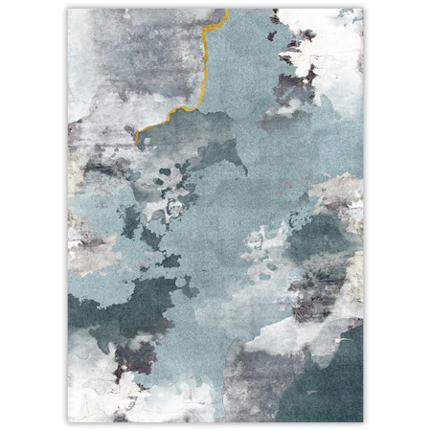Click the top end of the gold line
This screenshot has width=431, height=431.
pos(226,11)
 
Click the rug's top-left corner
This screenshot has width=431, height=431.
pos(68,10)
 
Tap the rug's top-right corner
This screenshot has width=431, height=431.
pos(364,10)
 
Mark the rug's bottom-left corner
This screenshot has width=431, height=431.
pos(68,421)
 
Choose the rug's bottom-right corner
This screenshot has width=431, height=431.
pos(364,421)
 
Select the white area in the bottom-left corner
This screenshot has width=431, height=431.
pos(91,402)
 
